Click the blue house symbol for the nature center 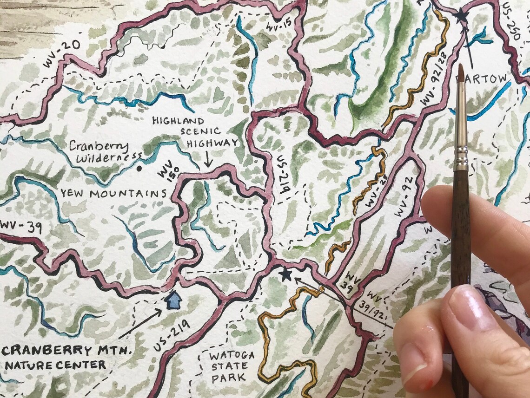coord(173,300)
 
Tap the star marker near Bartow coord(461,16)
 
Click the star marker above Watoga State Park coord(285,274)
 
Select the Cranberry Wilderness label coord(99,152)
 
